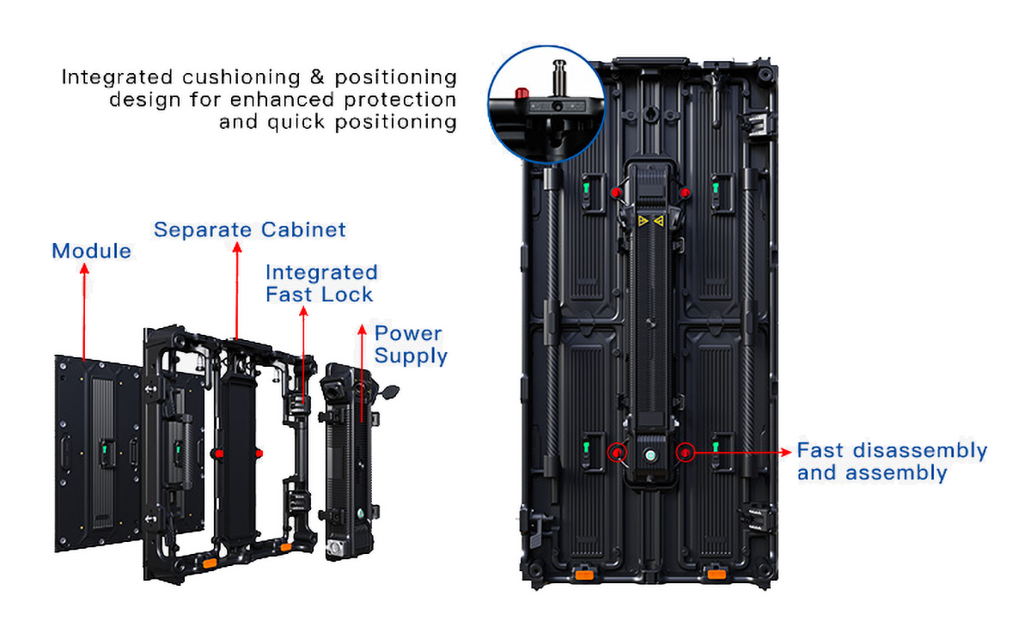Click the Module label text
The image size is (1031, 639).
pos(91,251)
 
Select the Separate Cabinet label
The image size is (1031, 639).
pos(249,229)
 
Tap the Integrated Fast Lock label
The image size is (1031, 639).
pos(320,283)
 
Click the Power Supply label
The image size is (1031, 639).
pos(411,344)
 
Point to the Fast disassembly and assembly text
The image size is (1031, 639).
pos(892,461)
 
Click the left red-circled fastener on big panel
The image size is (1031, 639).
pos(616,452)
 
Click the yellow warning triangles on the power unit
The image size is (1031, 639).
pos(650,222)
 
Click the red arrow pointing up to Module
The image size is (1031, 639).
pos(84,309)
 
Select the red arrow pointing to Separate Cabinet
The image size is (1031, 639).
pos(236,292)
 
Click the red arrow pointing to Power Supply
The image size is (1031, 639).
pos(362,378)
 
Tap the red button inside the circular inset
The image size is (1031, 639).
pos(519,92)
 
